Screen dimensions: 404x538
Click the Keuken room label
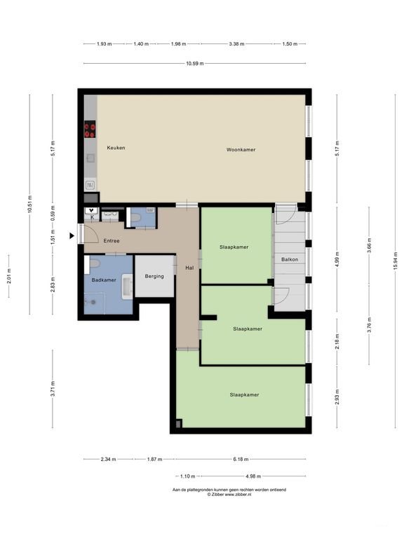116,148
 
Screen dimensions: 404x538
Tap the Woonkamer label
241,150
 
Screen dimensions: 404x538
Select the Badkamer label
104,280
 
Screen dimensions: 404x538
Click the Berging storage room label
154,276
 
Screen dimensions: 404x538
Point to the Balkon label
290,259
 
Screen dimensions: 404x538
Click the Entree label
112,241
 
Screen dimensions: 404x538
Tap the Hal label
189,268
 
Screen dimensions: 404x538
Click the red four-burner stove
90,130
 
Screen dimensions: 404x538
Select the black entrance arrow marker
72,235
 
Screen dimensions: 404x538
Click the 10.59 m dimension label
195,64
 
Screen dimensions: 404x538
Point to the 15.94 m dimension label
396,261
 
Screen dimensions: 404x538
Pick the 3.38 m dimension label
236,44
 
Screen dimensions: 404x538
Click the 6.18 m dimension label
241,459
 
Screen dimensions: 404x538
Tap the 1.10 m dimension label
187,476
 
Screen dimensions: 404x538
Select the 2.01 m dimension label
9,276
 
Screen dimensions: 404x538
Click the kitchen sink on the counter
90,185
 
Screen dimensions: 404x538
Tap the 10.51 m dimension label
30,204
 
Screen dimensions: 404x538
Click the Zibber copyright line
229,495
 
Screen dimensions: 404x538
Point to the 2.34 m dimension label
108,459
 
